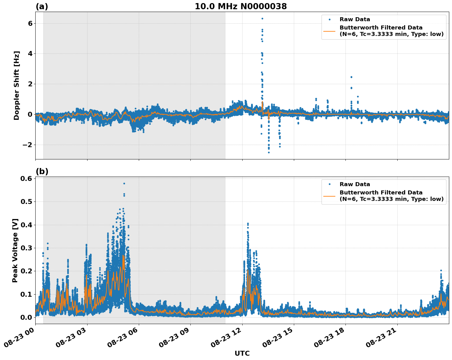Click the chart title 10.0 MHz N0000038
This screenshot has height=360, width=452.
click(x=241, y=6)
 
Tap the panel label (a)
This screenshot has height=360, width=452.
click(x=42, y=6)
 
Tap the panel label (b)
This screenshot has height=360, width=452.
click(x=42, y=171)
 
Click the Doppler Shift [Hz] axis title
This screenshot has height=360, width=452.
click(x=17, y=85)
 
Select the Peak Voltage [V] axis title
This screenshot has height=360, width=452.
click(x=15, y=250)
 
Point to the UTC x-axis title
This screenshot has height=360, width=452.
click(x=242, y=353)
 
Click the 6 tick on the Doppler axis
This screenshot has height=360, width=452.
click(x=30, y=24)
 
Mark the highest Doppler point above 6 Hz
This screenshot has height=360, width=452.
click(x=262, y=18)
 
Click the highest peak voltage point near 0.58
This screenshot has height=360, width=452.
click(x=124, y=183)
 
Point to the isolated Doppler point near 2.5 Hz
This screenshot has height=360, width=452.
click(x=351, y=77)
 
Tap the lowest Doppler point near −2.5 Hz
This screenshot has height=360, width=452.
click(x=269, y=152)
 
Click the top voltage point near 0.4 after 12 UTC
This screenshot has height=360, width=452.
click(x=248, y=224)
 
